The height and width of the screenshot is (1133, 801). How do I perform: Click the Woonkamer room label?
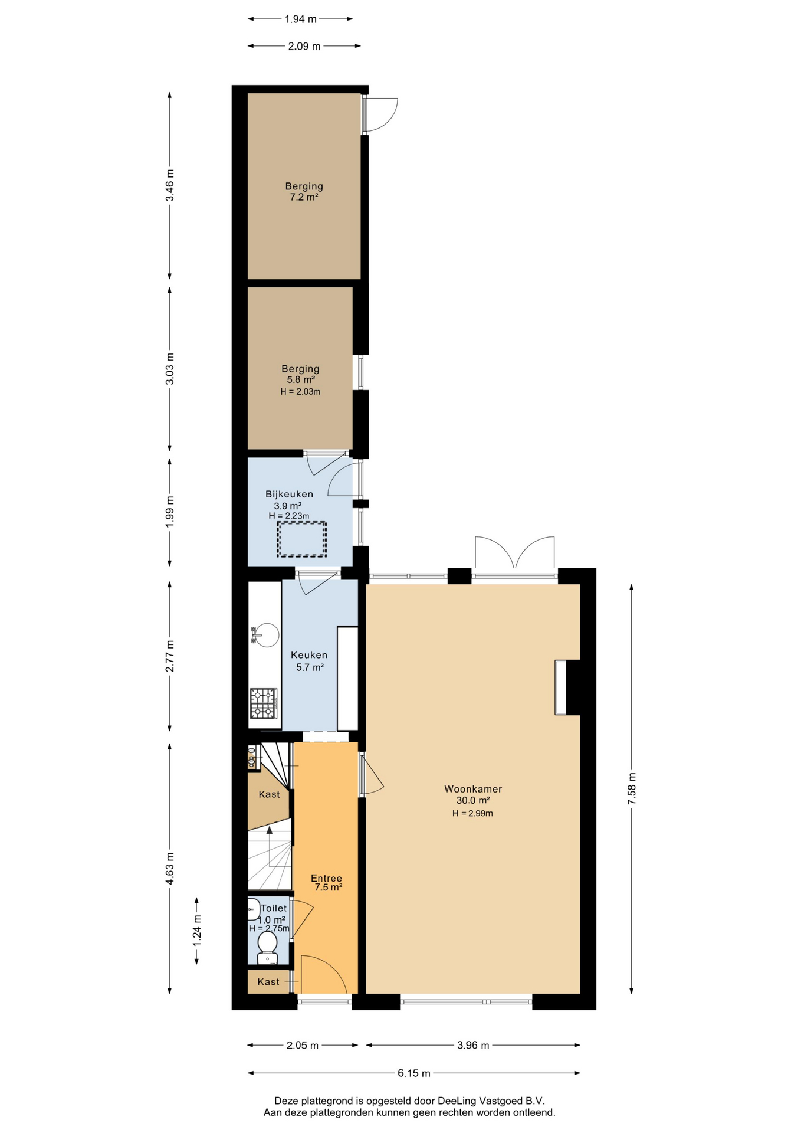pyautogui.click(x=472, y=789)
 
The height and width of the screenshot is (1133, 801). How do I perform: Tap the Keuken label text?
pyautogui.click(x=309, y=655)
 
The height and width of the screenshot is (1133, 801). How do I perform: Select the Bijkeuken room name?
pyautogui.click(x=289, y=494)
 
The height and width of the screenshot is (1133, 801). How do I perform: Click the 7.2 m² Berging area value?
pyautogui.click(x=304, y=197)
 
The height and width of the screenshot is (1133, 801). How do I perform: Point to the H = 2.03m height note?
pyautogui.click(x=300, y=391)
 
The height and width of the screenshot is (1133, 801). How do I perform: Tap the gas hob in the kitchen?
pyautogui.click(x=264, y=703)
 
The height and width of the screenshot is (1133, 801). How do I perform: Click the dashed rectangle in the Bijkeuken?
pyautogui.click(x=301, y=539)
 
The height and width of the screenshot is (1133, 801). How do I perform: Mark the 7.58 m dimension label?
pyautogui.click(x=632, y=788)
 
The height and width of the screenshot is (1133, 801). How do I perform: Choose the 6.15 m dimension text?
pyautogui.click(x=413, y=1073)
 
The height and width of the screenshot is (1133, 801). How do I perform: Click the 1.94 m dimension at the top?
pyautogui.click(x=300, y=19)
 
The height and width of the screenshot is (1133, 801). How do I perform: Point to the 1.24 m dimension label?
pyautogui.click(x=197, y=930)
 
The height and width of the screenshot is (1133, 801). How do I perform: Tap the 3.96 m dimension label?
pyautogui.click(x=473, y=1045)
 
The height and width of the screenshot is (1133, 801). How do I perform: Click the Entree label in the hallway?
pyautogui.click(x=326, y=878)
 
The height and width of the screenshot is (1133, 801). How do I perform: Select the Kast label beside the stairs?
pyautogui.click(x=269, y=794)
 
